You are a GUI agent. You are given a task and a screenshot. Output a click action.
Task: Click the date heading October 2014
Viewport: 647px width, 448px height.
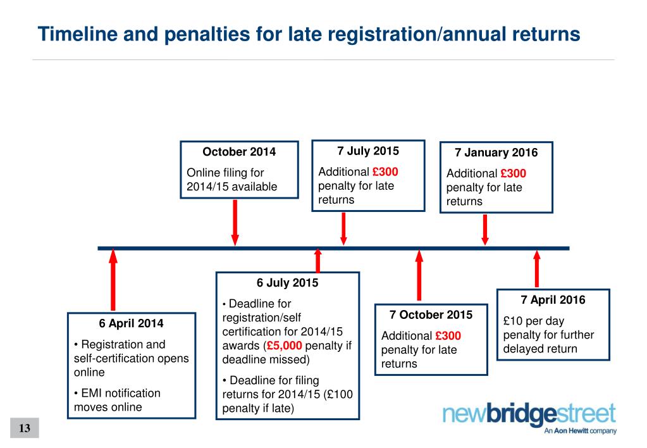tap(239, 152)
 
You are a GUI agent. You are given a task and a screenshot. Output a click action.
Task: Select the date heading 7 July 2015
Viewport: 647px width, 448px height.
tap(368, 151)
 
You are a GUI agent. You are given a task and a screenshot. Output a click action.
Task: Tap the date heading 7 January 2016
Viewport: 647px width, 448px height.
tap(496, 152)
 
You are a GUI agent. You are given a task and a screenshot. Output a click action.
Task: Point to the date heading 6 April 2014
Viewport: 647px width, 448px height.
tap(131, 323)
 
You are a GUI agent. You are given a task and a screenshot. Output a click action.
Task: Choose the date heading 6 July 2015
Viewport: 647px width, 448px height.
tap(287, 283)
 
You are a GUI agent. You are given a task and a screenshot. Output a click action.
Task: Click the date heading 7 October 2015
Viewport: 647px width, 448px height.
tap(431, 315)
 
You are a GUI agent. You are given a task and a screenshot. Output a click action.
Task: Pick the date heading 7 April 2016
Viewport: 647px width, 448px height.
tap(553, 300)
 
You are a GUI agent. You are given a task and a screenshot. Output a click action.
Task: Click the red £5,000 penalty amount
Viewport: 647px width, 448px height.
tap(285, 346)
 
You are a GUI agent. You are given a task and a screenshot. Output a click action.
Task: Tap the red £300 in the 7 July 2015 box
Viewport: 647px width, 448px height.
tap(385, 171)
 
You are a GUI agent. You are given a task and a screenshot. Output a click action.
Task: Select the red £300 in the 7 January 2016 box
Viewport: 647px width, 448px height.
tap(513, 173)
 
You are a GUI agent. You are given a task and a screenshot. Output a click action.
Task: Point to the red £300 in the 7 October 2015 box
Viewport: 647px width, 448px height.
tap(448, 336)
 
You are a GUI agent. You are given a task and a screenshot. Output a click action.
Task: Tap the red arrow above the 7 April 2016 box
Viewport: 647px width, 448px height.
tap(537, 269)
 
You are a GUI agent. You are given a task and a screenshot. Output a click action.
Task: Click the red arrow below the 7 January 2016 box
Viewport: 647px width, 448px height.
tap(485, 229)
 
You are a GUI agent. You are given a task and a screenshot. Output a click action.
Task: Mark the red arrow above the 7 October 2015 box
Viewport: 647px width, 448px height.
tap(419, 275)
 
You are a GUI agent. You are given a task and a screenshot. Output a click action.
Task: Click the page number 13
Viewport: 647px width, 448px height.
tap(25, 428)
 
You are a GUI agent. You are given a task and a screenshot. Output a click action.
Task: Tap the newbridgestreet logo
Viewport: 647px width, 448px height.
tap(529, 418)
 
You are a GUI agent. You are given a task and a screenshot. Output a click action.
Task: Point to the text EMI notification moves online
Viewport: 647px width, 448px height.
tap(117, 400)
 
